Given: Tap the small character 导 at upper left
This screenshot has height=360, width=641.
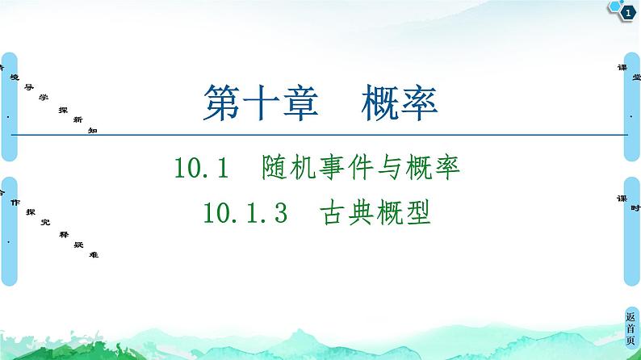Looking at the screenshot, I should point(27,87).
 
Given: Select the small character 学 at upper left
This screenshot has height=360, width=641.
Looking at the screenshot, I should point(44,98).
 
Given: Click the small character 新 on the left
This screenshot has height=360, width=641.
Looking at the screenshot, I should point(78,119).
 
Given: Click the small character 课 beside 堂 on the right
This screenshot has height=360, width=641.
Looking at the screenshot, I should point(620,69).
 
